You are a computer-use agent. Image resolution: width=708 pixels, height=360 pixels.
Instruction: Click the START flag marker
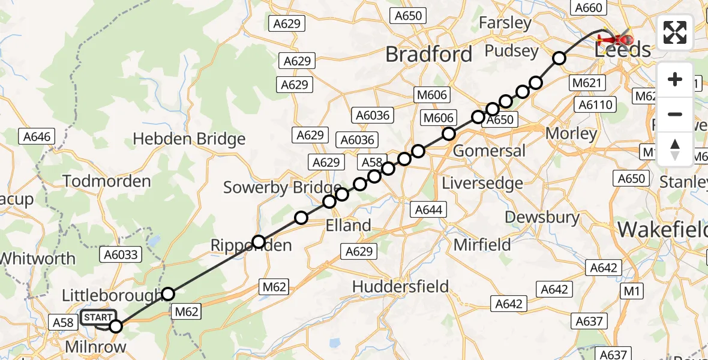98,317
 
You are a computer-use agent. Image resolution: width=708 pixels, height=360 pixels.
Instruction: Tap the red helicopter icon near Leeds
614,40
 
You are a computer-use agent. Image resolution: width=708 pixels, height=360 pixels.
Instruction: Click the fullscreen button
675,32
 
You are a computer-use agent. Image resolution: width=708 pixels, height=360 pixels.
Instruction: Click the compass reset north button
675,149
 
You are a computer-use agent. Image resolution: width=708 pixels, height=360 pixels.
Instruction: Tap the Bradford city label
428,55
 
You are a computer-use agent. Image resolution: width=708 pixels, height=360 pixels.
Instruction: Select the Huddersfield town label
400,287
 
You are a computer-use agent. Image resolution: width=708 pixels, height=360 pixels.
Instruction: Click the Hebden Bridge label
189,139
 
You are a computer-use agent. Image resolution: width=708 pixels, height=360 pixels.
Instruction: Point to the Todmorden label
106,181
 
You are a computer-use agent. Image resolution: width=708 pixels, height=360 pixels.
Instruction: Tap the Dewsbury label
542,217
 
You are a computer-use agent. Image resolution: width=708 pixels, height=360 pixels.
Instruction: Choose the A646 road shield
37,137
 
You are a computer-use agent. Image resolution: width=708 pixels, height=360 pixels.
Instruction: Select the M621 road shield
587,83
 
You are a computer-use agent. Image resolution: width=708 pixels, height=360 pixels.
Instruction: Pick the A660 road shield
587,8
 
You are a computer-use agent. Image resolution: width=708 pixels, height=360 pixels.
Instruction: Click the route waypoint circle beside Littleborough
168,293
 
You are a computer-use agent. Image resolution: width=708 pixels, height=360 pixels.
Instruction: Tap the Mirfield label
482,244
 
